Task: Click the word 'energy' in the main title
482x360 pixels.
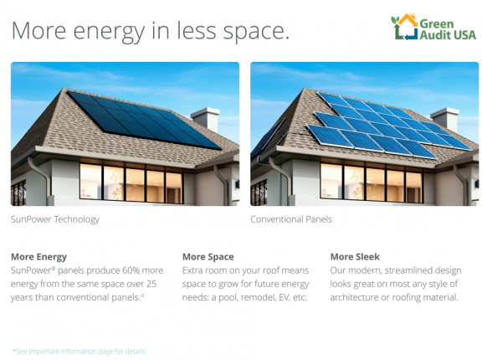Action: [109, 32]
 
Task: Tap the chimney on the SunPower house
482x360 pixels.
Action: [205, 118]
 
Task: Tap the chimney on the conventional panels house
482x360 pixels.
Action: [445, 119]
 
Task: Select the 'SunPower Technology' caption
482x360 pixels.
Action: [55, 219]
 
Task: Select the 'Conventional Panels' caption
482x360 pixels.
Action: [291, 219]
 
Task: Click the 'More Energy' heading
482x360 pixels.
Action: [38, 257]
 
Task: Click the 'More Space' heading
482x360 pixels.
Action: [208, 257]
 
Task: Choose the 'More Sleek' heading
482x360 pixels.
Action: [355, 257]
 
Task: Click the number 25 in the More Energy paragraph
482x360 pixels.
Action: [151, 284]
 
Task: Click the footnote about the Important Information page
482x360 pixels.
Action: [79, 351]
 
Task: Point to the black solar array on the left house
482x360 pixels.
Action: [144, 120]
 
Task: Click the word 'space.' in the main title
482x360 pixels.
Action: [256, 32]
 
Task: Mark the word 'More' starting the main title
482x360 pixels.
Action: [38, 31]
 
